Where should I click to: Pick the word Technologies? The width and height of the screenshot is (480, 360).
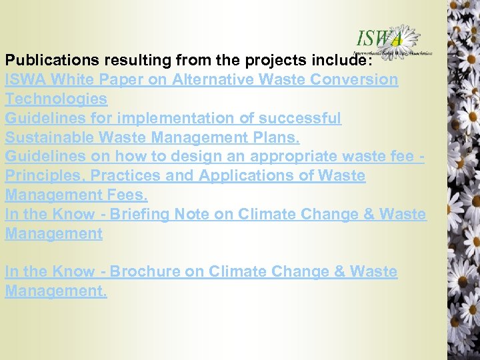[x=56, y=99]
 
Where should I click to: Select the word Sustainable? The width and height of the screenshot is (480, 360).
[x=49, y=137]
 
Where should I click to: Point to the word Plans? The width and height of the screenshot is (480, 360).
[x=277, y=137]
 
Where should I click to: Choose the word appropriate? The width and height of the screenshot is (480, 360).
[x=296, y=157]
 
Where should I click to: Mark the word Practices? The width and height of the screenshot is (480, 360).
[x=124, y=176]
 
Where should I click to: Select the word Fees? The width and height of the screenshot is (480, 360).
[x=126, y=195]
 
